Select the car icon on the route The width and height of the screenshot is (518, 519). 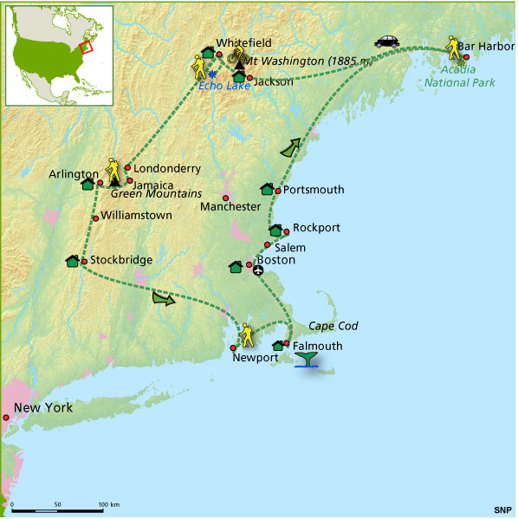point(386,40)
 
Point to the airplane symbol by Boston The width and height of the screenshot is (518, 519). point(258,270)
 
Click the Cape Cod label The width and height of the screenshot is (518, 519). point(334,326)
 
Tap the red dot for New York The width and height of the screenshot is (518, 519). point(5,418)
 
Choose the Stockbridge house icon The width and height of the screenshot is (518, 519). point(72,261)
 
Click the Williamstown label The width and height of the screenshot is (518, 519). point(137,215)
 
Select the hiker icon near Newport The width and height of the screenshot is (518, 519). point(247,332)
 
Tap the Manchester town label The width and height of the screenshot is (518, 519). point(230,207)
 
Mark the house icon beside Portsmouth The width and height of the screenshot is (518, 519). point(267,189)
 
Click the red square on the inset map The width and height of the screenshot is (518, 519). point(84,47)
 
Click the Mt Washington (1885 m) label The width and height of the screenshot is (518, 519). point(297,61)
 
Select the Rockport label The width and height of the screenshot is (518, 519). point(316,227)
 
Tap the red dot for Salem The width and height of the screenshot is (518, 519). point(268,245)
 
